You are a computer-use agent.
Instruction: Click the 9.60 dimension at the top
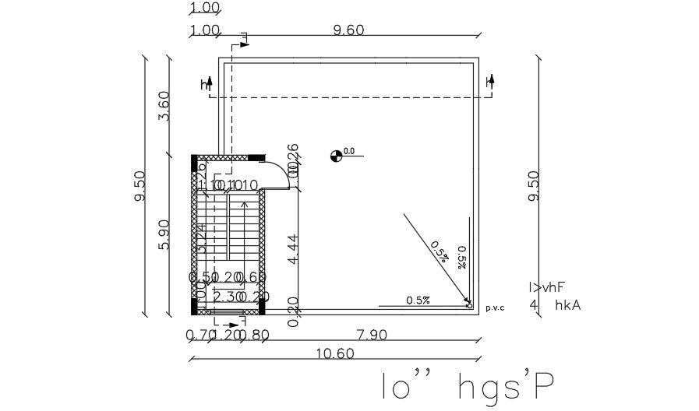click(348, 30)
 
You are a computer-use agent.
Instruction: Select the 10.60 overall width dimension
click(335, 353)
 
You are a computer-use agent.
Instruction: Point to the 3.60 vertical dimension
click(164, 106)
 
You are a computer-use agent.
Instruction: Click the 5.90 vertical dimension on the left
click(164, 234)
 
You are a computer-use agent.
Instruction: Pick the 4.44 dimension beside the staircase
click(292, 250)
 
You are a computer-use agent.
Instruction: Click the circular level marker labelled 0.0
click(336, 156)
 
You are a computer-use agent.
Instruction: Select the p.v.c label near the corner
click(495, 307)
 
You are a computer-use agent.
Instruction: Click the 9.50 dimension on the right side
click(534, 187)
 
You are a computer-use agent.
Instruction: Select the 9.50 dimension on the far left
click(139, 187)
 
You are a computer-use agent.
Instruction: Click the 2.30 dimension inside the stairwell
click(226, 296)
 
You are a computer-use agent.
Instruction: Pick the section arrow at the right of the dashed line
click(491, 81)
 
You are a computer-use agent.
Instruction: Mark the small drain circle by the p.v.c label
click(469, 305)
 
